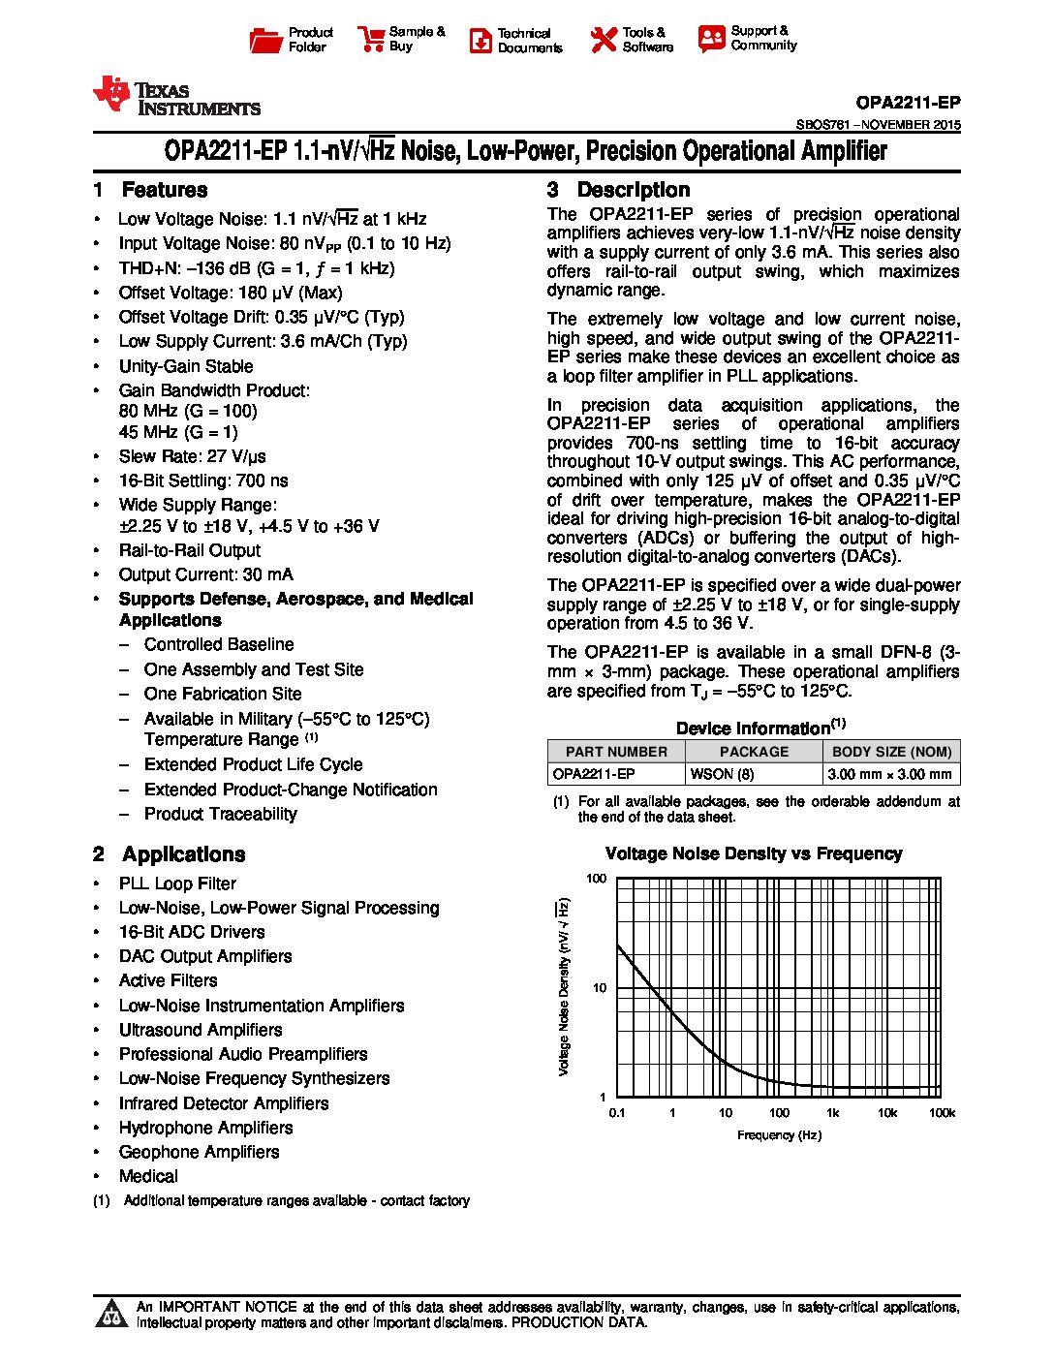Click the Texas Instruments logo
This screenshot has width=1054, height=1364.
click(175, 96)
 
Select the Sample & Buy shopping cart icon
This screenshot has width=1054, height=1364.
click(371, 39)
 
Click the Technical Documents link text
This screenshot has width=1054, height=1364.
click(529, 40)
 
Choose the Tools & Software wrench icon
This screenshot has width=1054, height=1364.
click(603, 40)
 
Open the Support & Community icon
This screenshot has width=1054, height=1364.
click(711, 39)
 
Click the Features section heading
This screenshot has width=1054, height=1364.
click(164, 190)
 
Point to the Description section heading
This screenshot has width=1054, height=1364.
click(633, 190)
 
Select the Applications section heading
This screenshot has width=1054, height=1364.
click(183, 854)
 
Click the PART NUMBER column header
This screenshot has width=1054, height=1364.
click(616, 752)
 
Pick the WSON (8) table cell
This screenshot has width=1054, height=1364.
click(721, 774)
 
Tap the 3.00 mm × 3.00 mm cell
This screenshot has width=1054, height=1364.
click(890, 774)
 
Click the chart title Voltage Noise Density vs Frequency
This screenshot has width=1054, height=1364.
click(753, 853)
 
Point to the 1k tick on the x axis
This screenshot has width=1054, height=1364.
click(832, 1113)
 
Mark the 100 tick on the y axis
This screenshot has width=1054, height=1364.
click(597, 879)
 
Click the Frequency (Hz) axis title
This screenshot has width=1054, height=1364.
click(779, 1134)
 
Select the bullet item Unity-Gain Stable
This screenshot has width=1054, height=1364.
click(186, 366)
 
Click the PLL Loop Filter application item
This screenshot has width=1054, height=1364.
click(177, 883)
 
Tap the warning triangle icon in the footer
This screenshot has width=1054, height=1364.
click(112, 1313)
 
